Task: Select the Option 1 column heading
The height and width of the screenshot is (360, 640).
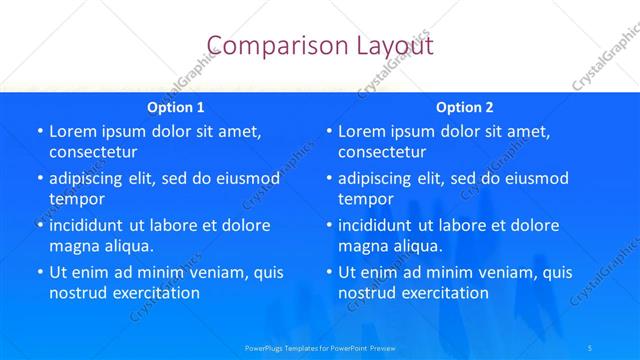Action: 176,107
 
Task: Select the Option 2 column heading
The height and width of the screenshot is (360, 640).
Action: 465,107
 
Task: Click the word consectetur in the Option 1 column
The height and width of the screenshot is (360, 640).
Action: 93,152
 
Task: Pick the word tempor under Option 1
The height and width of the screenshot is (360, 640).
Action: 77,199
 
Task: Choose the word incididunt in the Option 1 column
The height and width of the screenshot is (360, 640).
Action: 94,225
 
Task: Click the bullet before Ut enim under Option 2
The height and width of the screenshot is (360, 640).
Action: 329,272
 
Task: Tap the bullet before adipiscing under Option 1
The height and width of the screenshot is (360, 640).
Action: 40,178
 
